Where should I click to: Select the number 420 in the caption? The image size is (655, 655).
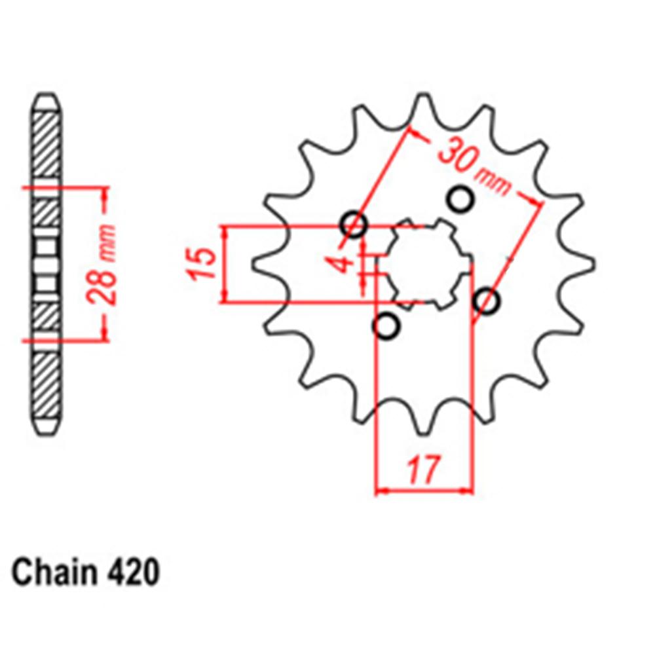point(130,573)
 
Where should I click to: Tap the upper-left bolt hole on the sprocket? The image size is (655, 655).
point(354,225)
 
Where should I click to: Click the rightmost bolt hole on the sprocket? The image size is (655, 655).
point(487,301)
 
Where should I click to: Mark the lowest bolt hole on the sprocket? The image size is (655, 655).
point(387,326)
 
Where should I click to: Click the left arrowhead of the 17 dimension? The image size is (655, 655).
point(381,489)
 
